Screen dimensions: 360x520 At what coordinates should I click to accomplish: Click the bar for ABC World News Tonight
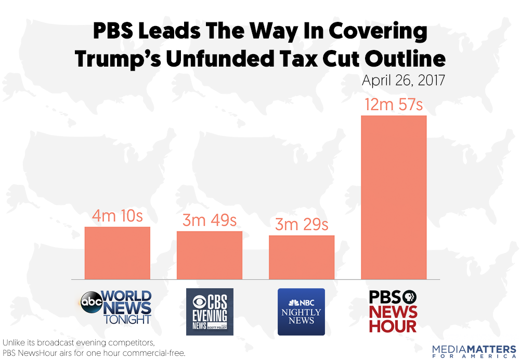[117, 253]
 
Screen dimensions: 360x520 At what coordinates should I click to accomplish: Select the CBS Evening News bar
[209, 255]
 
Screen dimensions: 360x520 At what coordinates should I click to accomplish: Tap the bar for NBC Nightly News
[301, 257]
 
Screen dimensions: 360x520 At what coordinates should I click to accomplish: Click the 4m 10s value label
[118, 216]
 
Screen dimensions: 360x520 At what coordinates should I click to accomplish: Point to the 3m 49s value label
[210, 221]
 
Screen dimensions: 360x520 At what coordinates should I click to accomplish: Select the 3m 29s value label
[302, 225]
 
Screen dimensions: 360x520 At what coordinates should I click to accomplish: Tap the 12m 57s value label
[394, 105]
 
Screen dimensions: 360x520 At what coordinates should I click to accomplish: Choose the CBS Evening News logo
[210, 312]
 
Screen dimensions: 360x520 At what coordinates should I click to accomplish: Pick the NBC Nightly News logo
[301, 312]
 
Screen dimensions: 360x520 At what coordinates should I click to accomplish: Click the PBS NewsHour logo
[393, 311]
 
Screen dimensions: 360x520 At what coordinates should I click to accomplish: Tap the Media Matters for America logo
[474, 350]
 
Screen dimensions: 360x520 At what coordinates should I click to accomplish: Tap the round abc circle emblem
[92, 302]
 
